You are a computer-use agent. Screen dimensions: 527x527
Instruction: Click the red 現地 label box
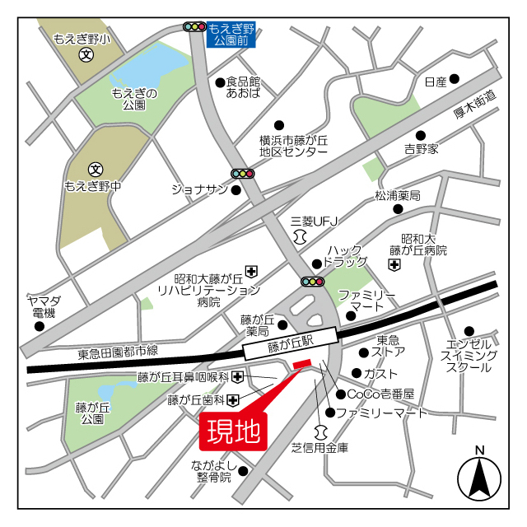(233, 431)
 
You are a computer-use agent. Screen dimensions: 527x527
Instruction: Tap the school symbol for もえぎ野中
(96, 169)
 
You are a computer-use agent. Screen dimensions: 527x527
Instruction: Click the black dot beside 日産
(454, 79)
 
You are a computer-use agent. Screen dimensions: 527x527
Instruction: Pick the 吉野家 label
(421, 149)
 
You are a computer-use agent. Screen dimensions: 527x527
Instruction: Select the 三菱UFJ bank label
(315, 222)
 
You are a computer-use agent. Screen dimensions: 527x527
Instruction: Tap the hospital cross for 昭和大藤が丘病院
(395, 265)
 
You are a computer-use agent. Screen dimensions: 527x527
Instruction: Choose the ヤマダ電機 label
(39, 306)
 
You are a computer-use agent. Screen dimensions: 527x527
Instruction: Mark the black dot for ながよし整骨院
(243, 470)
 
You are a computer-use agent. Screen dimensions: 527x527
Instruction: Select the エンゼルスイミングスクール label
(469, 354)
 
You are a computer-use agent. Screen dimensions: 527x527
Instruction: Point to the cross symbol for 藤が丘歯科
(234, 401)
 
